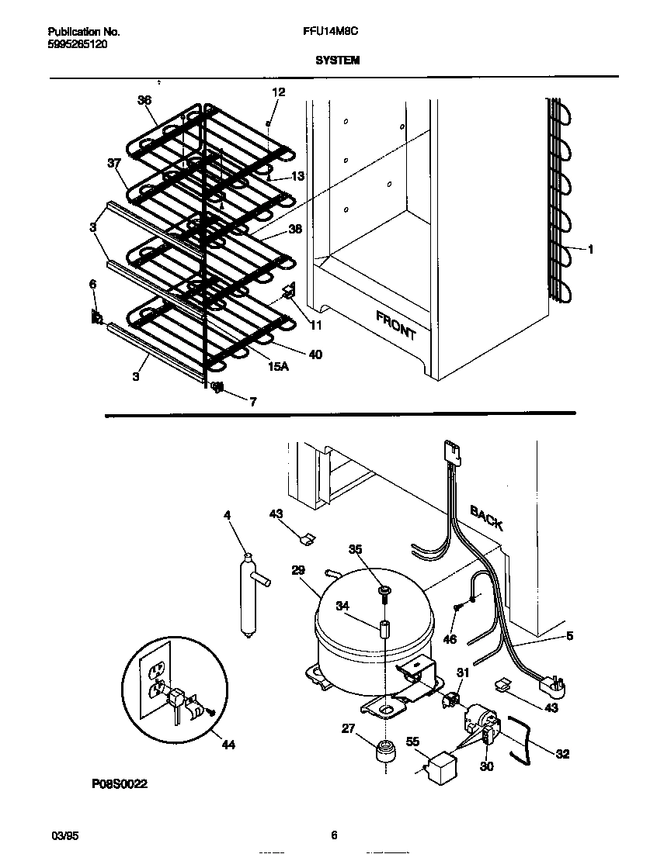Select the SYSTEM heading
point(337,60)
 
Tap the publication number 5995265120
point(78,44)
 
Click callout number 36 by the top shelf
point(144,100)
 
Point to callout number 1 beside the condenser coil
point(591,249)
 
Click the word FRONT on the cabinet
point(396,325)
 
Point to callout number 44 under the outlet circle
point(228,745)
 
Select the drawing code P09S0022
point(120,784)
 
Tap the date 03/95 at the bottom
point(61,835)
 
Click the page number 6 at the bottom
point(334,835)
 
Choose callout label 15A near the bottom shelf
point(279,366)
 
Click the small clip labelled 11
point(289,292)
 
